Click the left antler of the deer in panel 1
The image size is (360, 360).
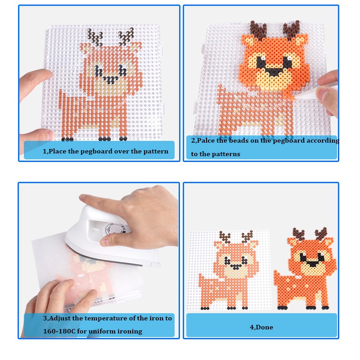94,36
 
